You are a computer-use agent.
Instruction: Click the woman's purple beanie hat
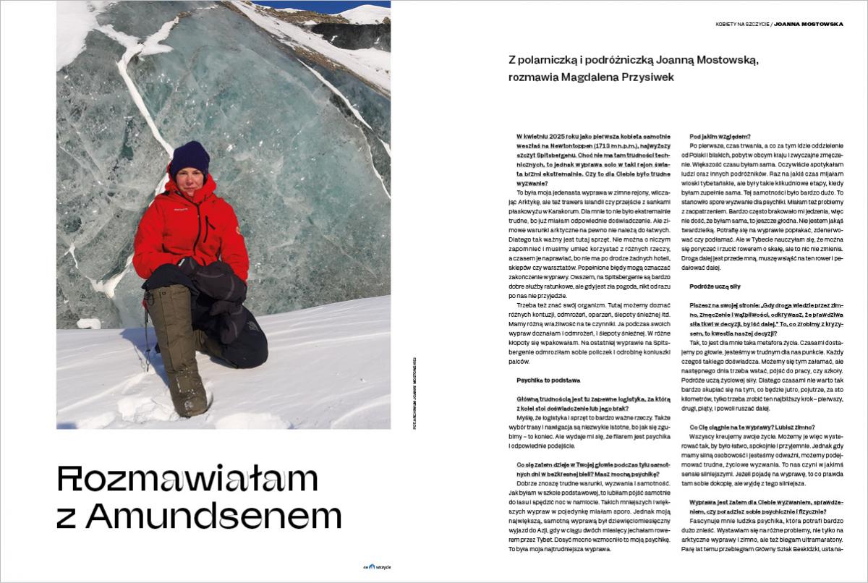pyautogui.click(x=190, y=157)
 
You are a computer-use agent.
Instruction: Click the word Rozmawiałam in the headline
pyautogui.click(x=187, y=479)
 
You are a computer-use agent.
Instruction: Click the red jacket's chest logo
pyautogui.click(x=181, y=209)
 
